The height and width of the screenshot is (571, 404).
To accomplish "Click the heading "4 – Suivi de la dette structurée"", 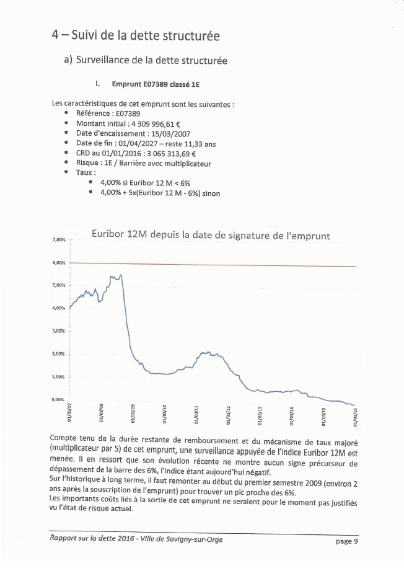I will pyautogui.click(x=136, y=35).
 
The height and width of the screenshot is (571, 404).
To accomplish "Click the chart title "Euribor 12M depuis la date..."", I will pyautogui.click(x=210, y=235).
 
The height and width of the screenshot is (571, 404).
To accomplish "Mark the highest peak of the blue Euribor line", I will pyautogui.click(x=120, y=275).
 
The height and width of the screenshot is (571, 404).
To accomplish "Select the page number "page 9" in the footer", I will pyautogui.click(x=346, y=541).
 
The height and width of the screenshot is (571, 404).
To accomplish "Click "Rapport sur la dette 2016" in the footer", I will pyautogui.click(x=90, y=539).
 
